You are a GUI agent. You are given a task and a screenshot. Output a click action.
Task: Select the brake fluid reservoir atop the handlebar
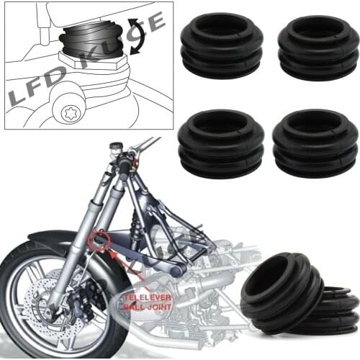click(116, 147)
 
